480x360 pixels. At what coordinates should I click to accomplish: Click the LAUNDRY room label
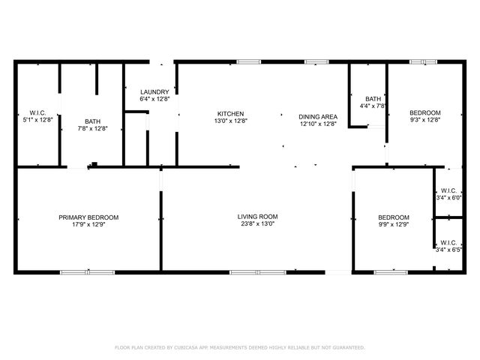(154, 91)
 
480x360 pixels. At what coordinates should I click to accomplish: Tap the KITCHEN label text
(230, 114)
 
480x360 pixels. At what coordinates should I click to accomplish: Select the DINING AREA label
(318, 117)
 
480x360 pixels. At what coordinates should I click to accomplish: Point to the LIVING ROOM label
(257, 217)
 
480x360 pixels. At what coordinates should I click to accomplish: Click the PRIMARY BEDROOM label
(88, 217)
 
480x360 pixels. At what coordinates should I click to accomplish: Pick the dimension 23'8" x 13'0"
(257, 223)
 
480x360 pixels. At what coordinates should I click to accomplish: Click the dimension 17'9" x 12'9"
(88, 225)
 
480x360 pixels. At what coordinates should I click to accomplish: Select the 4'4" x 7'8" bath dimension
(373, 106)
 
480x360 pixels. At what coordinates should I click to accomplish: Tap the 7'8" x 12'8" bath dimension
(92, 128)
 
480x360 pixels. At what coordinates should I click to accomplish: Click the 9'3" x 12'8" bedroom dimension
(425, 120)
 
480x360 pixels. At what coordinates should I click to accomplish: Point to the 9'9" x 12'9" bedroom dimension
(394, 225)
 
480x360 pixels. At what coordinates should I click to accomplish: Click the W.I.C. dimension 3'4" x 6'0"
(448, 198)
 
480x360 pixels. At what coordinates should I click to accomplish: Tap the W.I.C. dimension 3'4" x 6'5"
(448, 250)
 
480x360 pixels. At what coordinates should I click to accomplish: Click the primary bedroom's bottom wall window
(87, 272)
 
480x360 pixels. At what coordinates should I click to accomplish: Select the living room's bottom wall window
(258, 272)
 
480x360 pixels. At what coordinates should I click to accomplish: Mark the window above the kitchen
(249, 61)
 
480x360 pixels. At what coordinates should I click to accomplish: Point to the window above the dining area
(316, 61)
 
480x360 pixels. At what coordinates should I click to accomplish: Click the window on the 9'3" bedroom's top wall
(424, 61)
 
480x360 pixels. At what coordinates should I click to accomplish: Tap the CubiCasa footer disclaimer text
(240, 347)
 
